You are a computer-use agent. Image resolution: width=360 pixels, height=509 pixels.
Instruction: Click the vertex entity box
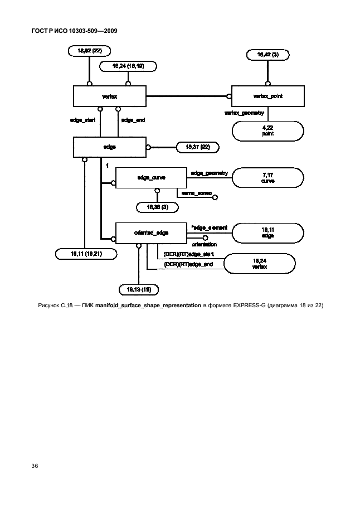point(110,96)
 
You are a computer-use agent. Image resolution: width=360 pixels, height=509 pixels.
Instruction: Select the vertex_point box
point(268,96)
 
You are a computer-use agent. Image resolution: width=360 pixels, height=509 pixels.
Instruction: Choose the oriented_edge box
point(149,232)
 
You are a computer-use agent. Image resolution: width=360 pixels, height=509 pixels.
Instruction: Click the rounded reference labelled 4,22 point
point(268,132)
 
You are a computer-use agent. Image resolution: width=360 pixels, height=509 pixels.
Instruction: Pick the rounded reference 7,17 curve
point(268,178)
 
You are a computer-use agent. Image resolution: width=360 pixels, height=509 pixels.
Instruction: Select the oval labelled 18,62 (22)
point(89,51)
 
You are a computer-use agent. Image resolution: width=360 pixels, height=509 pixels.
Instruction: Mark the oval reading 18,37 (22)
point(197,147)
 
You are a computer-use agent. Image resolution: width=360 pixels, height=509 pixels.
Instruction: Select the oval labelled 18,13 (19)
point(139,289)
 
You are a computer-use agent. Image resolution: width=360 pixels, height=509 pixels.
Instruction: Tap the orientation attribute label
point(204,244)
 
